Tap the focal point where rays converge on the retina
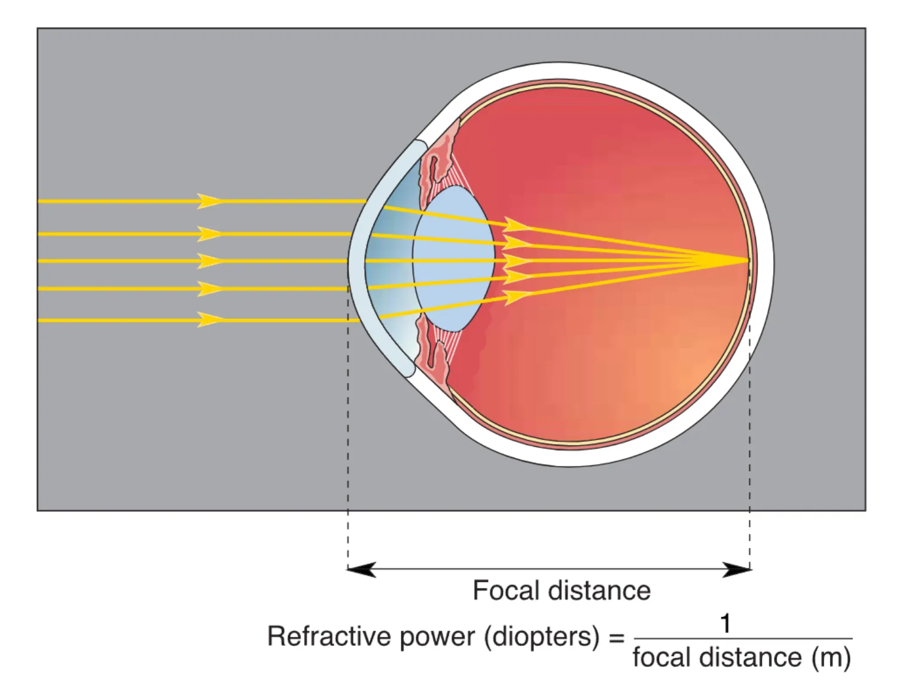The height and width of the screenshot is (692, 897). pos(746,260)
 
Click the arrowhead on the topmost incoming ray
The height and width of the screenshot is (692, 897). pos(209,201)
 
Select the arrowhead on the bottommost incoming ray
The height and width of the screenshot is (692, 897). pos(209,320)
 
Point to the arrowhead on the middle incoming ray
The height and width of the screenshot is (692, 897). pos(209,261)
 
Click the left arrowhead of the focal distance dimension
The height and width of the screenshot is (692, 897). pos(361,569)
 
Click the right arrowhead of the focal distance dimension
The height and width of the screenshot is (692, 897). pos(737,569)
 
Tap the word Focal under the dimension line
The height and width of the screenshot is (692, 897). pos(506,591)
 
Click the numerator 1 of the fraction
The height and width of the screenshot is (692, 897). pos(725,624)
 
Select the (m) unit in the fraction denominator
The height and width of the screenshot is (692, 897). pos(831,658)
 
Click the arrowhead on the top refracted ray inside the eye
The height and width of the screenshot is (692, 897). pos(515,225)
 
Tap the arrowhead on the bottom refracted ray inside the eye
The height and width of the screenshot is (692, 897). pos(515,296)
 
